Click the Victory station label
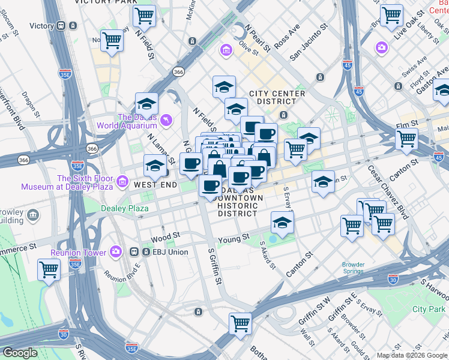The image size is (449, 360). (41, 26)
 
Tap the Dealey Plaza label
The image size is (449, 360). (124, 208)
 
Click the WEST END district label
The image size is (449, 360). (155, 185)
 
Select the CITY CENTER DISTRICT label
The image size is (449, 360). (277, 98)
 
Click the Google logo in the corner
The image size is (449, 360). (20, 352)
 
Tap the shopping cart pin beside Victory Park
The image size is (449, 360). (144, 16)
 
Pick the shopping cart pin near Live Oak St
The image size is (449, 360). (391, 14)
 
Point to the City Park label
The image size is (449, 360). (429, 308)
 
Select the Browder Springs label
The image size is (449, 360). (353, 268)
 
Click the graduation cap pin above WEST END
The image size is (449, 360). (155, 166)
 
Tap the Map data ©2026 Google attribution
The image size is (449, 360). (412, 355)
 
